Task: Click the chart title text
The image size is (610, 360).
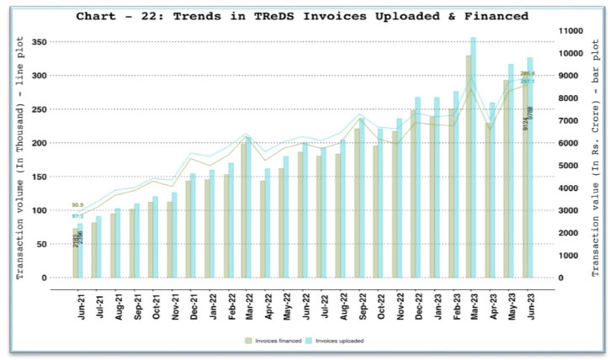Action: point(302,16)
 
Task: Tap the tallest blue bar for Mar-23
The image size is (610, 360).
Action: point(474,160)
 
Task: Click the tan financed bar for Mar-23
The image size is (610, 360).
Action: point(468,168)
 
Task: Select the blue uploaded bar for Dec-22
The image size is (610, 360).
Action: point(417,189)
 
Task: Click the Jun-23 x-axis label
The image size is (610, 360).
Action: point(528,302)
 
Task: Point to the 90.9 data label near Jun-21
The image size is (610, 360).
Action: point(78,205)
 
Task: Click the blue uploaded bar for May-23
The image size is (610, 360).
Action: point(511,172)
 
